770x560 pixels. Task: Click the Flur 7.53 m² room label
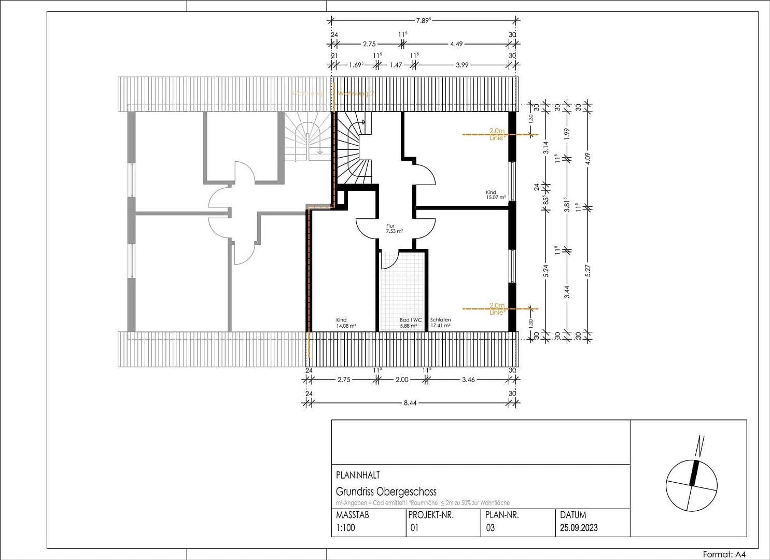tap(395, 229)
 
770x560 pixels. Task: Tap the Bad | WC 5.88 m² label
tap(410, 323)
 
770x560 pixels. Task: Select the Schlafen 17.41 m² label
tap(440, 323)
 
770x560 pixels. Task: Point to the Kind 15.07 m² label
tap(495, 194)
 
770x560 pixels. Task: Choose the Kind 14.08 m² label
tap(346, 323)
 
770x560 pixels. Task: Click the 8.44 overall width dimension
tap(411, 403)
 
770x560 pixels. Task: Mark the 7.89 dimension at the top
tap(423, 20)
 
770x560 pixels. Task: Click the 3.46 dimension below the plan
tap(468, 380)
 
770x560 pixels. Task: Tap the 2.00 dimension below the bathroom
tap(402, 380)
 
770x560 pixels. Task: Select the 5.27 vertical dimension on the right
tap(588, 270)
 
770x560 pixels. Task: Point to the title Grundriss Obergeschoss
tap(386, 492)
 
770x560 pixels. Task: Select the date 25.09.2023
tap(579, 528)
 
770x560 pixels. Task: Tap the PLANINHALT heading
tap(358, 475)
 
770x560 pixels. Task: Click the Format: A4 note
tap(724, 554)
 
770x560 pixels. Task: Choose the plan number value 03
tap(490, 528)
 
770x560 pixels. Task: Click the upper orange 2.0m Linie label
tap(497, 135)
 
